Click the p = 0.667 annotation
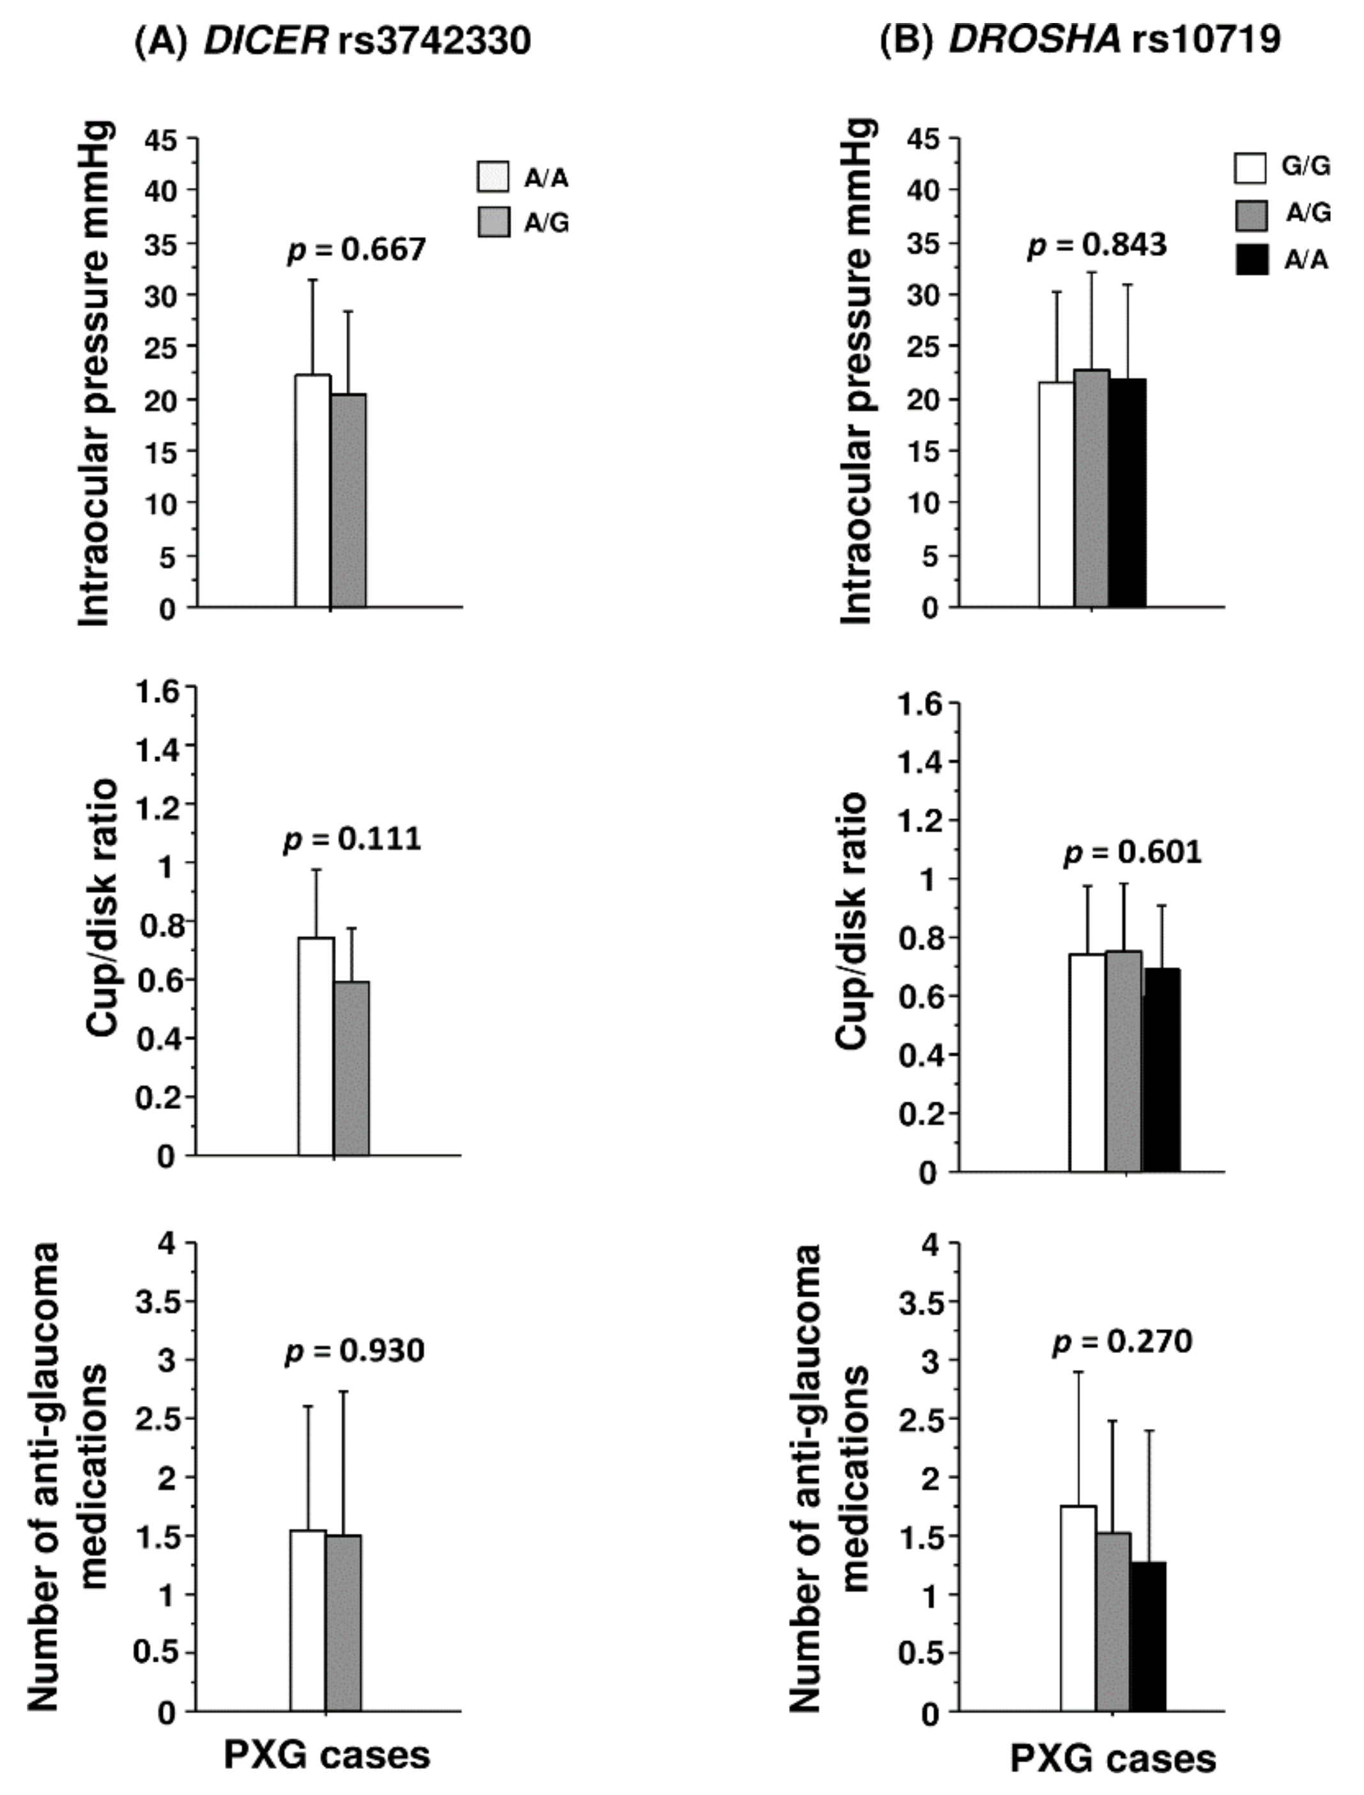click(x=356, y=249)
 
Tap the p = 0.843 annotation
click(x=1097, y=245)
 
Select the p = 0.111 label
click(x=353, y=838)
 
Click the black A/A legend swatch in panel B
click(x=1250, y=260)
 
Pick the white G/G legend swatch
click(x=1250, y=167)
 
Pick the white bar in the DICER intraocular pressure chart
click(x=312, y=491)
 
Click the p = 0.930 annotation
click(x=355, y=1351)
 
